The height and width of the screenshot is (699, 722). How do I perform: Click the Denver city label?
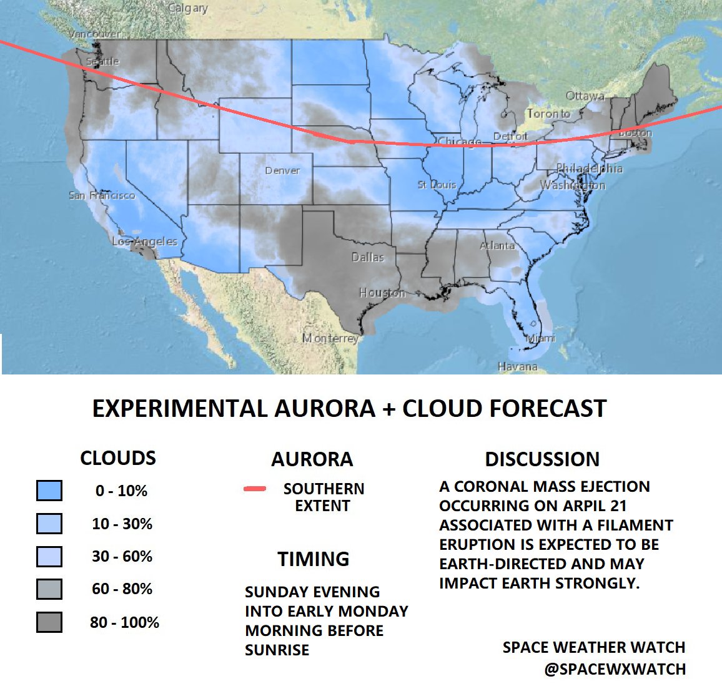282,170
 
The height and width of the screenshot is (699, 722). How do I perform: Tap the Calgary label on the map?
188,9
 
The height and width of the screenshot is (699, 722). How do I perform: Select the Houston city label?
382,293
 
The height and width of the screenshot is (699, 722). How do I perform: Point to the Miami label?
540,338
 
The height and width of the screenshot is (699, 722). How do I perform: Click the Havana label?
518,366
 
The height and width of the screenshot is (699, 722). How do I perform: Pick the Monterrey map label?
330,338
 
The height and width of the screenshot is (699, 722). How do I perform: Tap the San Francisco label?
102,195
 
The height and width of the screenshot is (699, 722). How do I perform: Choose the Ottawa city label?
585,96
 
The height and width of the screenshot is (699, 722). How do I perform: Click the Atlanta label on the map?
497,246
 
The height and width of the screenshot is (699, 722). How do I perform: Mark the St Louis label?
437,185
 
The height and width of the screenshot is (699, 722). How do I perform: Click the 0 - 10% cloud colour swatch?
49,491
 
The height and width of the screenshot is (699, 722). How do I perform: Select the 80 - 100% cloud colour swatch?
49,622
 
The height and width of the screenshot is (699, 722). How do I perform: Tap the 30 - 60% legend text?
122,556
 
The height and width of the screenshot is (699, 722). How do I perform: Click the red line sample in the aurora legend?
255,489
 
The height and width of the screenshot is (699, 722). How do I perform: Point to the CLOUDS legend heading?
118,458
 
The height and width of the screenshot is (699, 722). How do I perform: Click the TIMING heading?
314,559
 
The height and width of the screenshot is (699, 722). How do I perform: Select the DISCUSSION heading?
542,459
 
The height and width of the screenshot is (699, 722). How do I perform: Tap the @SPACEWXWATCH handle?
615,669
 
